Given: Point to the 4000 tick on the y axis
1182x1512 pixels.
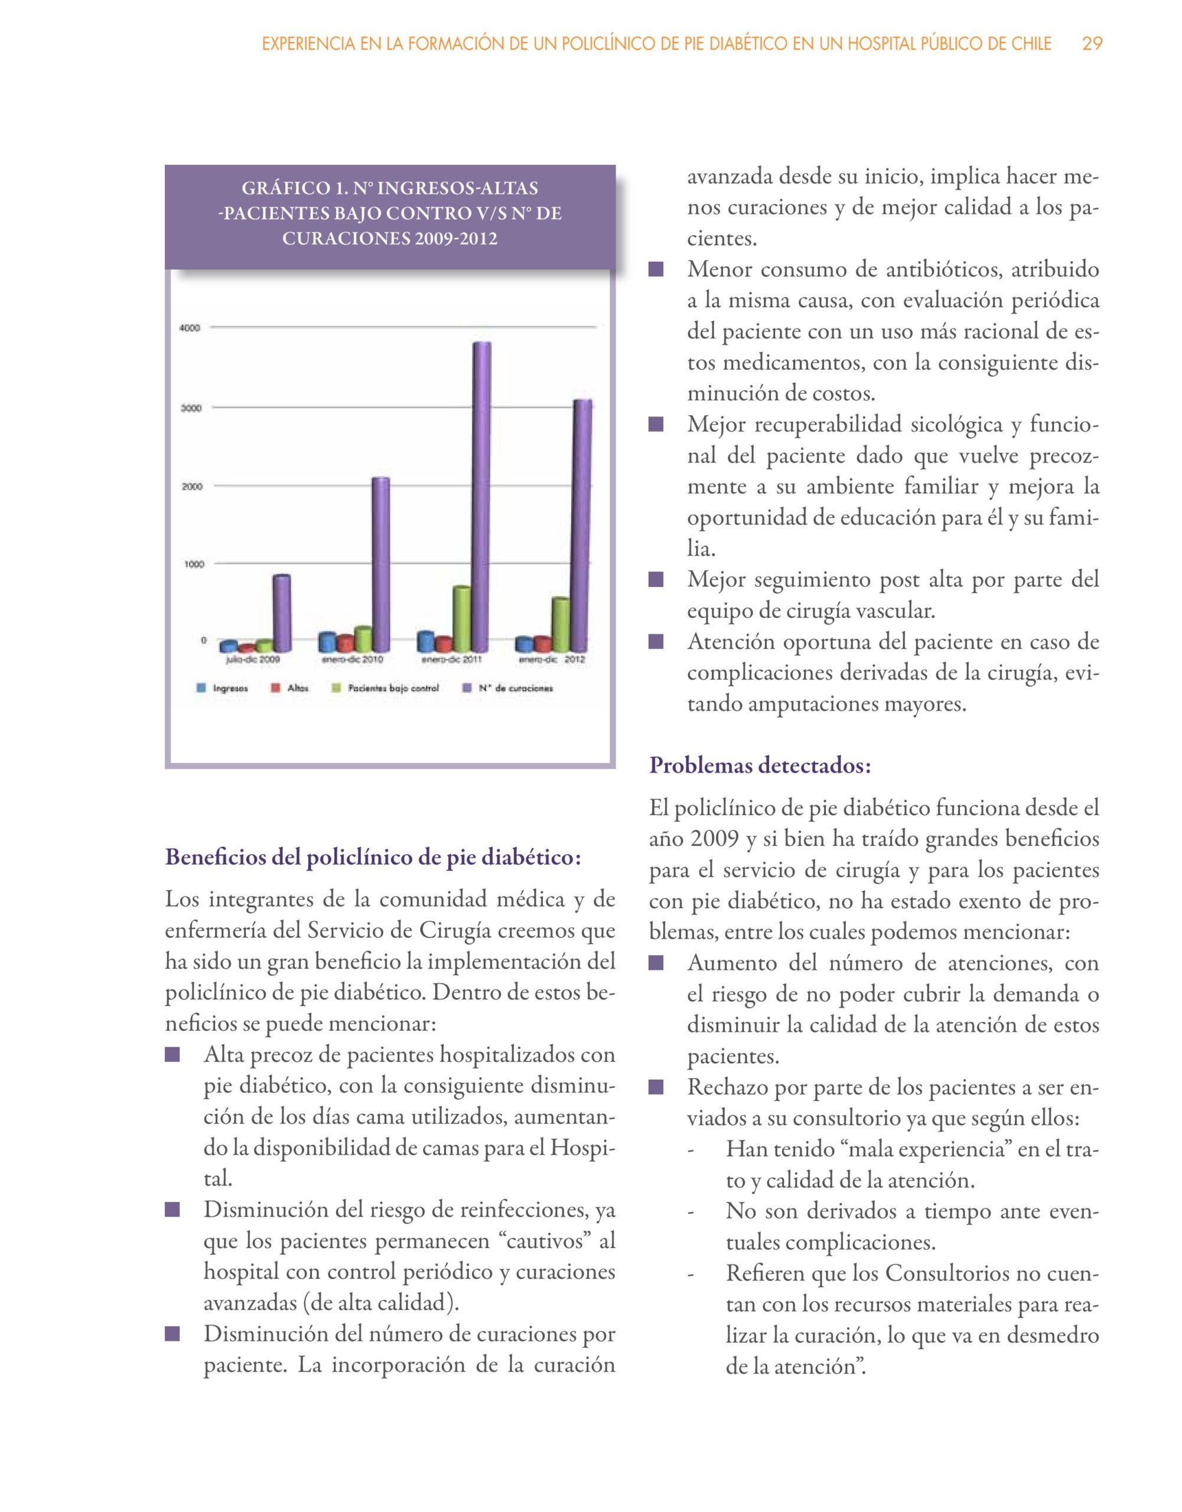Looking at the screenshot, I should point(190,328).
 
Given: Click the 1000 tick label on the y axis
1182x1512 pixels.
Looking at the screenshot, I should point(193,564).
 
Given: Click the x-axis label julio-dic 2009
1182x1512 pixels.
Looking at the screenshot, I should point(253,660).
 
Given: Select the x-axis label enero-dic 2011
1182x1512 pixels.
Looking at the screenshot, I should point(452,660).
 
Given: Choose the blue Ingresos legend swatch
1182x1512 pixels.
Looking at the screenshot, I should point(201,688).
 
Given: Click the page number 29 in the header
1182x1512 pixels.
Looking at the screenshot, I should point(1092,44).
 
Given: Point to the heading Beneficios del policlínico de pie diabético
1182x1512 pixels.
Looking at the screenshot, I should point(373,857).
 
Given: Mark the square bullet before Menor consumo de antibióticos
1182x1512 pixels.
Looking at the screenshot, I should point(656,269).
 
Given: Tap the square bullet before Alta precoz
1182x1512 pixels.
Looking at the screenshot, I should point(172,1055).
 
